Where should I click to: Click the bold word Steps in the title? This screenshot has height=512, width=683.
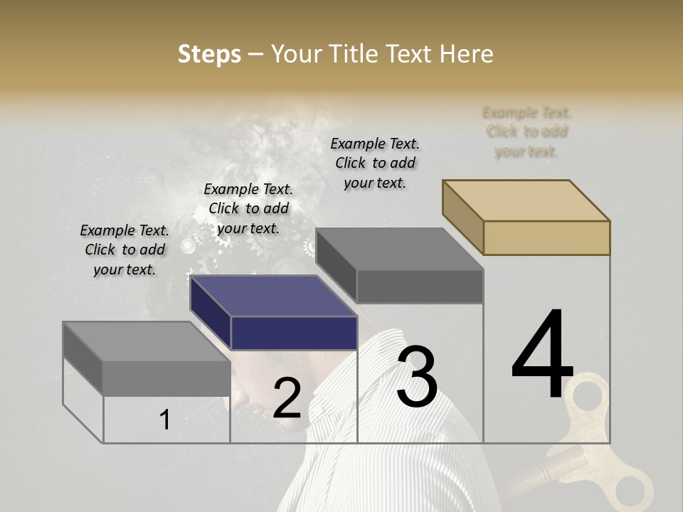coord(209,54)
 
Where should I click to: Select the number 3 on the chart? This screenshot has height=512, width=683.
coord(416,376)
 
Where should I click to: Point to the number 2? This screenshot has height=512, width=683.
coord(287,398)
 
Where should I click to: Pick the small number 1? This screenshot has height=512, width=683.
coord(164,420)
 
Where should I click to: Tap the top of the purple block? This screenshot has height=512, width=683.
coord(274,296)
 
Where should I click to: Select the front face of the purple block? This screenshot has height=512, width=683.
coord(294,333)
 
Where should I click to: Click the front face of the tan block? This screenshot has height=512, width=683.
coord(546,238)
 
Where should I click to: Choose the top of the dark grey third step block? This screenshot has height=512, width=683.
coord(400,249)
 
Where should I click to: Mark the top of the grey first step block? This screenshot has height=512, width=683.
coord(146,342)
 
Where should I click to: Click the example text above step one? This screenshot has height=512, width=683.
coord(125,250)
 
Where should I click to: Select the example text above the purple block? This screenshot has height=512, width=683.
coord(248,208)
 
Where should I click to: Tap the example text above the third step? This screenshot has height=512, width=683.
coord(375,163)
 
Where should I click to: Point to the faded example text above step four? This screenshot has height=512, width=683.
coord(526,132)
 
